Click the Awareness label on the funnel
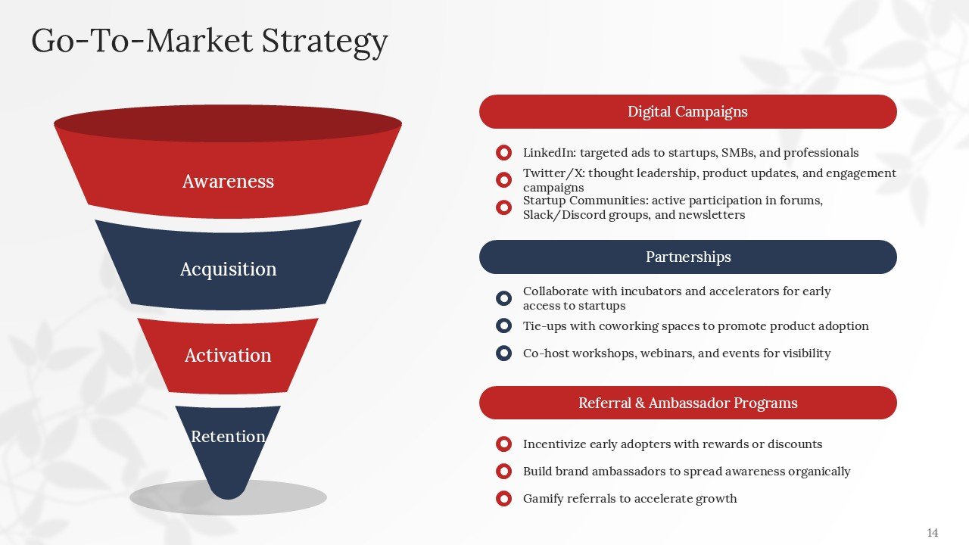[x=228, y=182]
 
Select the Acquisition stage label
[x=228, y=269]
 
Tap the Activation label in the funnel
[x=228, y=356]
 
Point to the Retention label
[x=228, y=437]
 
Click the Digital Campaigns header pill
[x=687, y=112]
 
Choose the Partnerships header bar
[x=687, y=257]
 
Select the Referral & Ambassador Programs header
[x=687, y=403]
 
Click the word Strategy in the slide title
[x=325, y=41]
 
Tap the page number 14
[x=932, y=533]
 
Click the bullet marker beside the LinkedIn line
[x=503, y=153]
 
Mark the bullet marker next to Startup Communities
[x=503, y=207]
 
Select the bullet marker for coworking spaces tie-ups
[x=503, y=326]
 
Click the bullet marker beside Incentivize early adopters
[x=503, y=444]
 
